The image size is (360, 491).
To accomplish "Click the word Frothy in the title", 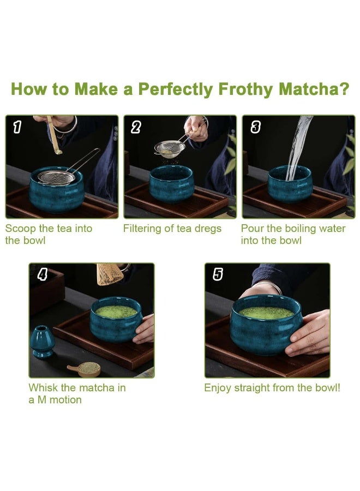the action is tap(246, 89).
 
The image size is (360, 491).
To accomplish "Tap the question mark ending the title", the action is tap(344, 88).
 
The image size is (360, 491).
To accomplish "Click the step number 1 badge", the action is tap(17, 127).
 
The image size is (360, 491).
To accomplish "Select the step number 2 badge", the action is tap(136, 127).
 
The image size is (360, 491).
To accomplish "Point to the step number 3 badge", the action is tap(255, 127).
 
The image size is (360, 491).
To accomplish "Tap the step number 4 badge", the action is tap(42, 274).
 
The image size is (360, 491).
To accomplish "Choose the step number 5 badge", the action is tap(218, 274).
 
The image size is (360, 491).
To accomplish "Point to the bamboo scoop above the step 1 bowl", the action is tap(54, 135).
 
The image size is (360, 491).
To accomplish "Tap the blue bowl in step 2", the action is tap(171, 184).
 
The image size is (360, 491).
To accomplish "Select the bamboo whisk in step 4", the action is tap(108, 274).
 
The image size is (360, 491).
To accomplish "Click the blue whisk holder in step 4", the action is tap(42, 342).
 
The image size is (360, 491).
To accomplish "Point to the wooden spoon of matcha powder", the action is tap(85, 369).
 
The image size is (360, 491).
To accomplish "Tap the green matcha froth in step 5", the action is tap(266, 313).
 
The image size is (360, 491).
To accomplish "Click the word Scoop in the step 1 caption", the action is tap(21, 229).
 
